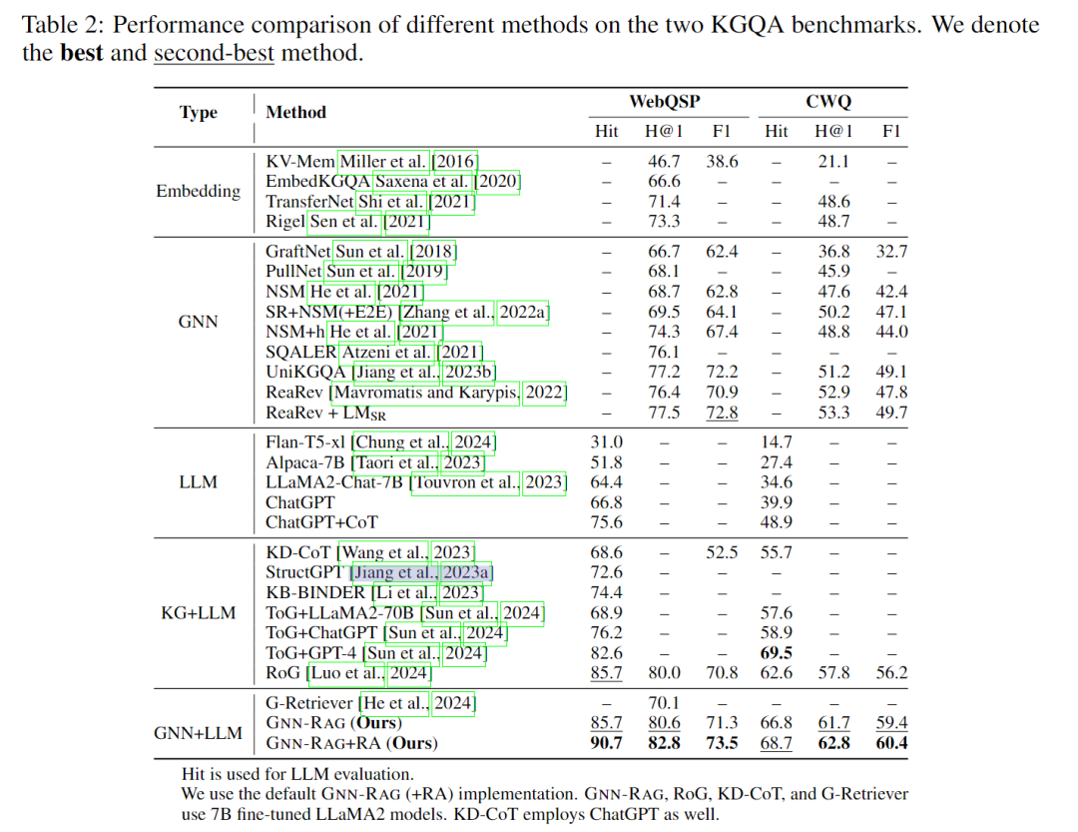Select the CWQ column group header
point(827,101)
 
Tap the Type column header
point(198,112)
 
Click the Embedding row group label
point(198,191)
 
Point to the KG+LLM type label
point(198,611)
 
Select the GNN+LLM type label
point(198,732)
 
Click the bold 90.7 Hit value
point(606,742)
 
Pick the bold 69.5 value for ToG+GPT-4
point(776,653)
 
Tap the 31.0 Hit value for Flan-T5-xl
point(606,441)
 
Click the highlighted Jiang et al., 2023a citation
point(421,572)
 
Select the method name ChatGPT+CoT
point(321,521)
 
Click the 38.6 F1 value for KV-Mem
point(722,161)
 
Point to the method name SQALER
point(301,352)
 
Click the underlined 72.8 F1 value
point(722,413)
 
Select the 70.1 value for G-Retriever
point(664,703)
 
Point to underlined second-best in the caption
point(214,52)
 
